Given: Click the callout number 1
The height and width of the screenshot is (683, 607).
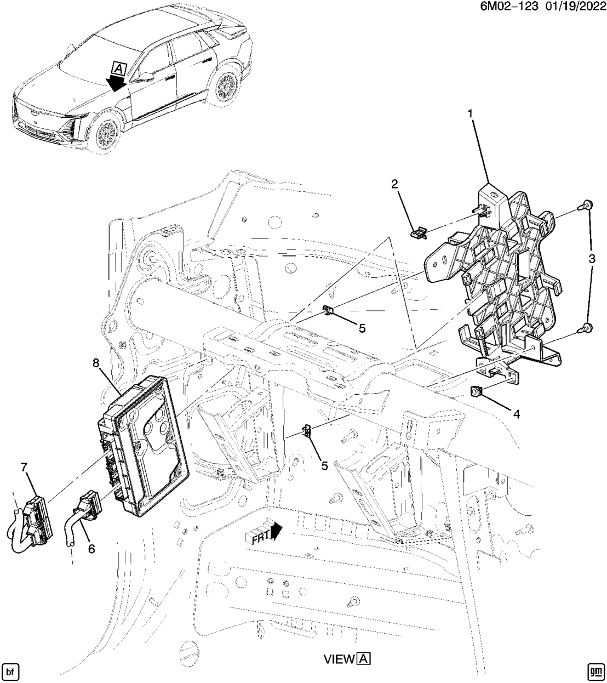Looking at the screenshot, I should click(x=469, y=114).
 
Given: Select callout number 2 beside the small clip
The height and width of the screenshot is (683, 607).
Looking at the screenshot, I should click(x=394, y=184).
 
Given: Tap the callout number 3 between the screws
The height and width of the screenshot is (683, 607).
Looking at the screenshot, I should click(x=592, y=260).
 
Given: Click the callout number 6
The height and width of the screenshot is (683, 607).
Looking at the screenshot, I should click(x=91, y=548).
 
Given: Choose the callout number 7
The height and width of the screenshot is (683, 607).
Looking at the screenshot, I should click(x=24, y=466).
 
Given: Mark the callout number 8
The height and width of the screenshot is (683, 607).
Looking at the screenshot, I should click(x=96, y=362).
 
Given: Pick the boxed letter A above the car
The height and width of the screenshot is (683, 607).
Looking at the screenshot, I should click(x=118, y=68).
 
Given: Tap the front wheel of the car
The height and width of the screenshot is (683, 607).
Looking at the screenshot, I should click(x=105, y=133).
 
